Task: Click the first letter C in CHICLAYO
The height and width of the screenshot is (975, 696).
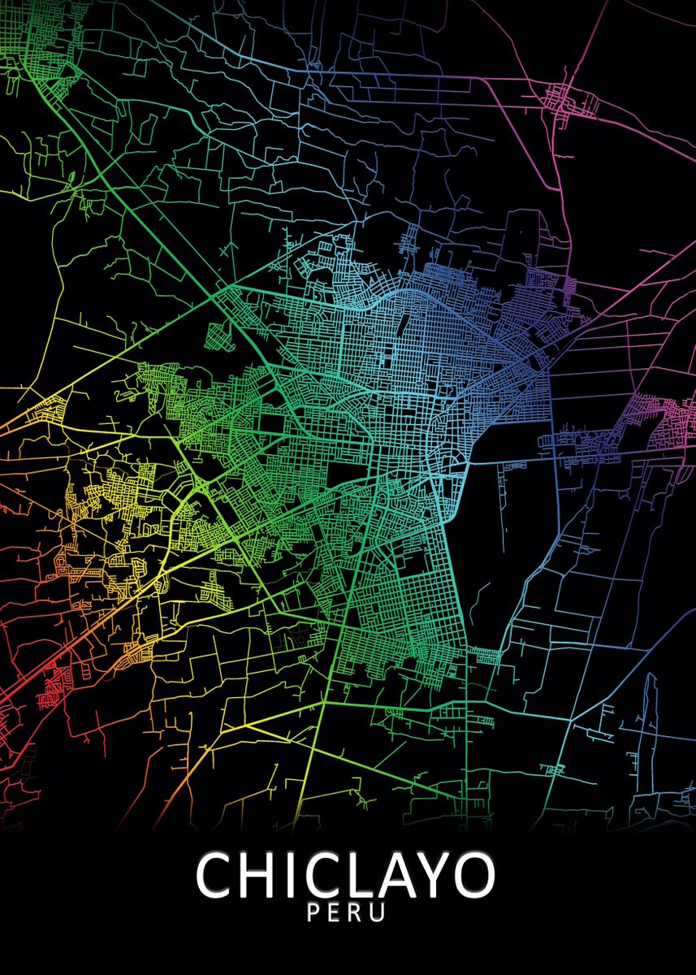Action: [215, 875]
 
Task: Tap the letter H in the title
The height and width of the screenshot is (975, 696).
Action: [261, 875]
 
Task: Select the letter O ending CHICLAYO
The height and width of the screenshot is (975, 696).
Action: [477, 875]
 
